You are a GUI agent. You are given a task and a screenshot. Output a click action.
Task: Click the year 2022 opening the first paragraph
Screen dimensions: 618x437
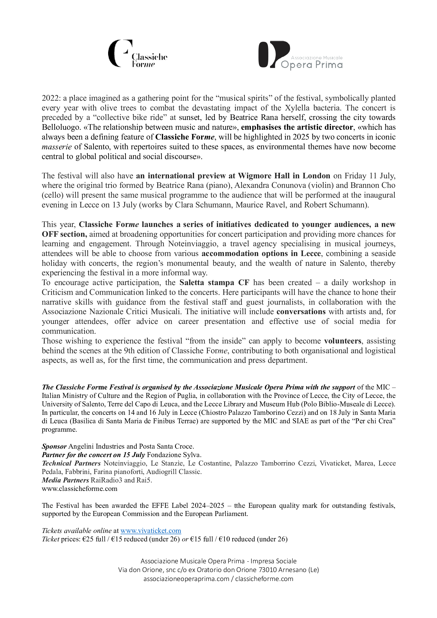pyautogui.click(x=50, y=98)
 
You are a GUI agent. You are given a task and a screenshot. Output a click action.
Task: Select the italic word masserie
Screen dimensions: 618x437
pyautogui.click(x=57, y=147)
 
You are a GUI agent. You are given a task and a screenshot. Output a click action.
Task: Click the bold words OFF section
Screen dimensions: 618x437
pyautogui.click(x=64, y=234)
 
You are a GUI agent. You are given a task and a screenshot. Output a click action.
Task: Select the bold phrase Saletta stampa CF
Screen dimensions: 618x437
pyautogui.click(x=214, y=283)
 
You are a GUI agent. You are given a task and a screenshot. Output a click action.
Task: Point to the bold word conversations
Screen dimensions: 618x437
pyautogui.click(x=301, y=312)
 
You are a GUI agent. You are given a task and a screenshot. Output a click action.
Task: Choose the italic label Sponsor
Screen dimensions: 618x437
pyautogui.click(x=54, y=446)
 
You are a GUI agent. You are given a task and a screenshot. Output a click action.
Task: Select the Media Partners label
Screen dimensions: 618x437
pyautogui.click(x=65, y=480)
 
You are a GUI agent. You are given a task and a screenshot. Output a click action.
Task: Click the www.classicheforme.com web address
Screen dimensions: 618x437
pyautogui.click(x=79, y=489)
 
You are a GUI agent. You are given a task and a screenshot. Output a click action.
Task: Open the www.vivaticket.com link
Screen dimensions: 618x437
pyautogui.click(x=150, y=531)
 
